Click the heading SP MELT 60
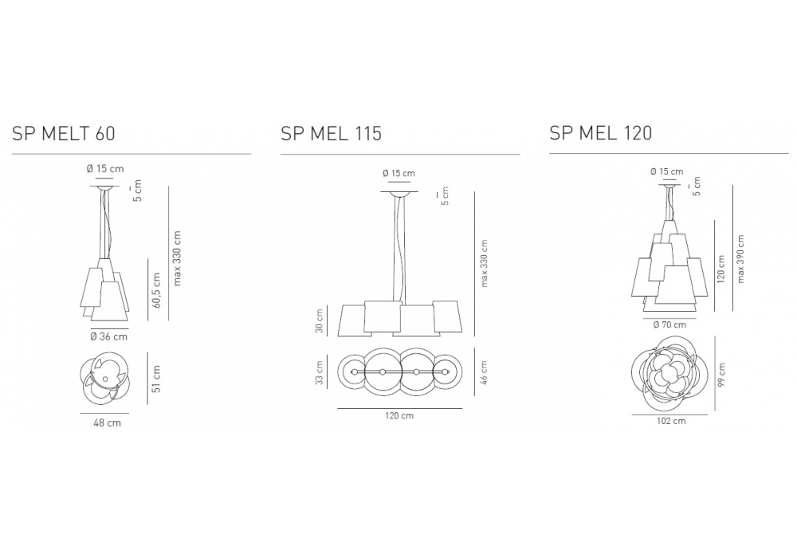pyautogui.click(x=64, y=133)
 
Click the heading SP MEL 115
pyautogui.click(x=331, y=133)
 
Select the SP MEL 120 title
pyautogui.click(x=600, y=132)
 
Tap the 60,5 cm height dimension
pyautogui.click(x=156, y=290)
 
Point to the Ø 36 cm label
pyautogui.click(x=108, y=336)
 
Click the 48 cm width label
pyautogui.click(x=108, y=422)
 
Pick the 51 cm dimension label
pyautogui.click(x=156, y=379)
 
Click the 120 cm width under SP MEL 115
pyautogui.click(x=399, y=415)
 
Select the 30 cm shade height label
pyautogui.click(x=320, y=320)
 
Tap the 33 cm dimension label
pyautogui.click(x=320, y=372)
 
